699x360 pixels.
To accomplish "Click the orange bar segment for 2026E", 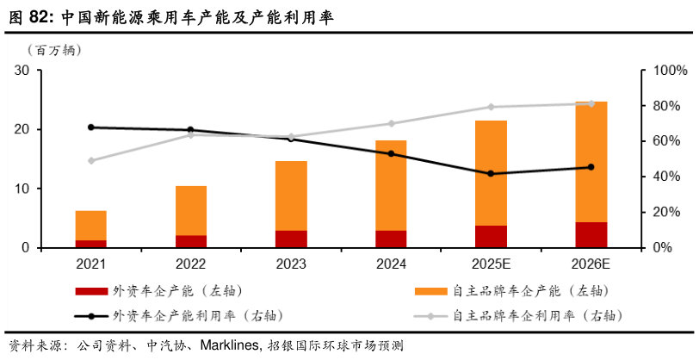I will [x=591, y=162].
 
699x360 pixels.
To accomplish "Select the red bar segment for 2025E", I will [x=491, y=237].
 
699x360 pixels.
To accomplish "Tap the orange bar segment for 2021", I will [x=90, y=226].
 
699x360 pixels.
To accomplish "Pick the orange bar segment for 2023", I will [x=291, y=196].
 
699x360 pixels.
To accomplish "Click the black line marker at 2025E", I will [x=491, y=173].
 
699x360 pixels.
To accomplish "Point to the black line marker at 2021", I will [x=90, y=127].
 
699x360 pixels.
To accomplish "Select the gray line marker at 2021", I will [x=90, y=160].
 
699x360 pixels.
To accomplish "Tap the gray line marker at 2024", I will [x=391, y=123].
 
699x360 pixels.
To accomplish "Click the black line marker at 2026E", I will [x=591, y=167].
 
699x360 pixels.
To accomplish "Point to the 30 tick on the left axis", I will [x=22, y=71].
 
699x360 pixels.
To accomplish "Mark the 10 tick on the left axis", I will [x=22, y=189].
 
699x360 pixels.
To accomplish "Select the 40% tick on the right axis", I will [x=663, y=177].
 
